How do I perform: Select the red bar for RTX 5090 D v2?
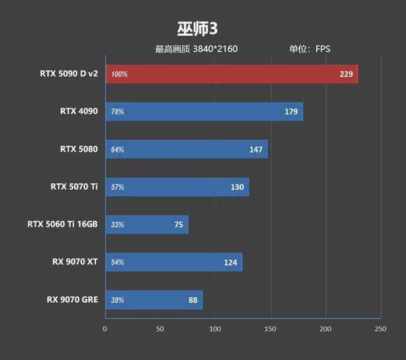[231, 74]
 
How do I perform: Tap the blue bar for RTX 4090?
[204, 111]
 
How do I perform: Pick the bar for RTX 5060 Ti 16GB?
[147, 225]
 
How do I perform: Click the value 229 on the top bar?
[346, 74]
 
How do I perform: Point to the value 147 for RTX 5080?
[256, 150]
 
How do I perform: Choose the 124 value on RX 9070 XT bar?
[231, 263]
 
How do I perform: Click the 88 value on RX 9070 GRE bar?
[193, 300]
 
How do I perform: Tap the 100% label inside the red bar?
[119, 74]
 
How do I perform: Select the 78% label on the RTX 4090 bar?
[117, 112]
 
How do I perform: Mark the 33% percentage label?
[117, 225]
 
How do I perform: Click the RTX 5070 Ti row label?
[74, 186]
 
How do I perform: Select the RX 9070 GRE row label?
[72, 300]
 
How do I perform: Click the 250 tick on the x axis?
[380, 329]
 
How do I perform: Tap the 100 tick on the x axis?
[215, 329]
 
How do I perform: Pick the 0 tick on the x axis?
[105, 329]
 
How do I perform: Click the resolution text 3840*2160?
[215, 49]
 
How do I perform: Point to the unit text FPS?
[323, 49]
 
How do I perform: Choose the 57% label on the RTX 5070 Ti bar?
[117, 187]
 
